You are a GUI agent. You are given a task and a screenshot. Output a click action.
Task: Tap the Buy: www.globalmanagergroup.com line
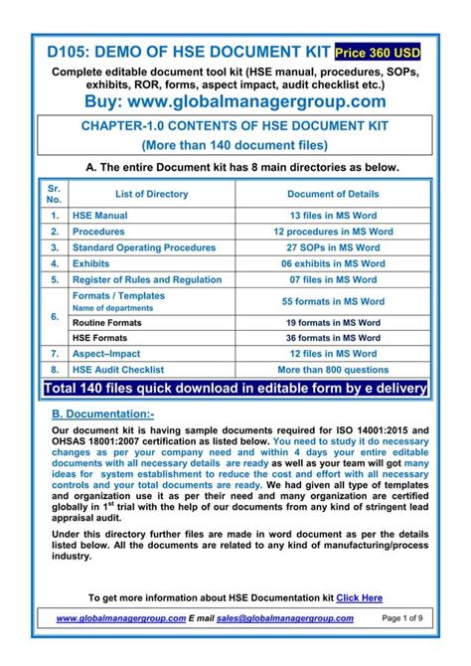tap(235, 101)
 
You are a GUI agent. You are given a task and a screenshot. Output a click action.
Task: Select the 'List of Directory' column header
tap(151, 194)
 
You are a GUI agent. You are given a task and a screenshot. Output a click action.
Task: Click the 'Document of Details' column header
tap(333, 194)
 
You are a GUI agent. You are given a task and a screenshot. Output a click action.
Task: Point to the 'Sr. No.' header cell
tap(55, 194)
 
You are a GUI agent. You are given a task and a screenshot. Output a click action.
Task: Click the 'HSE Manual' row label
tap(100, 216)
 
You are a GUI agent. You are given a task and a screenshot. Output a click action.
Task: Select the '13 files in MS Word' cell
tap(333, 216)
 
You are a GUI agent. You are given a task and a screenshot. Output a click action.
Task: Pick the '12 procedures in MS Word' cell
tap(333, 232)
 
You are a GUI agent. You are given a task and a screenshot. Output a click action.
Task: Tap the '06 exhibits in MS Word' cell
tap(333, 264)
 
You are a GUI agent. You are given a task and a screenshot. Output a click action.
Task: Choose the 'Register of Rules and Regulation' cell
tap(147, 280)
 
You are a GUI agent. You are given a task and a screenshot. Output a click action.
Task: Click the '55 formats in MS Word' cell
tap(333, 301)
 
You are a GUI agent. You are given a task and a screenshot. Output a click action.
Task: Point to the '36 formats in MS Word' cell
tap(333, 338)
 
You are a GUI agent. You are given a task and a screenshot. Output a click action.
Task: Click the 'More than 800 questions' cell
tap(333, 369)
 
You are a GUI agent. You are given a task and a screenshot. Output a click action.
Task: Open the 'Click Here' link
tap(359, 597)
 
